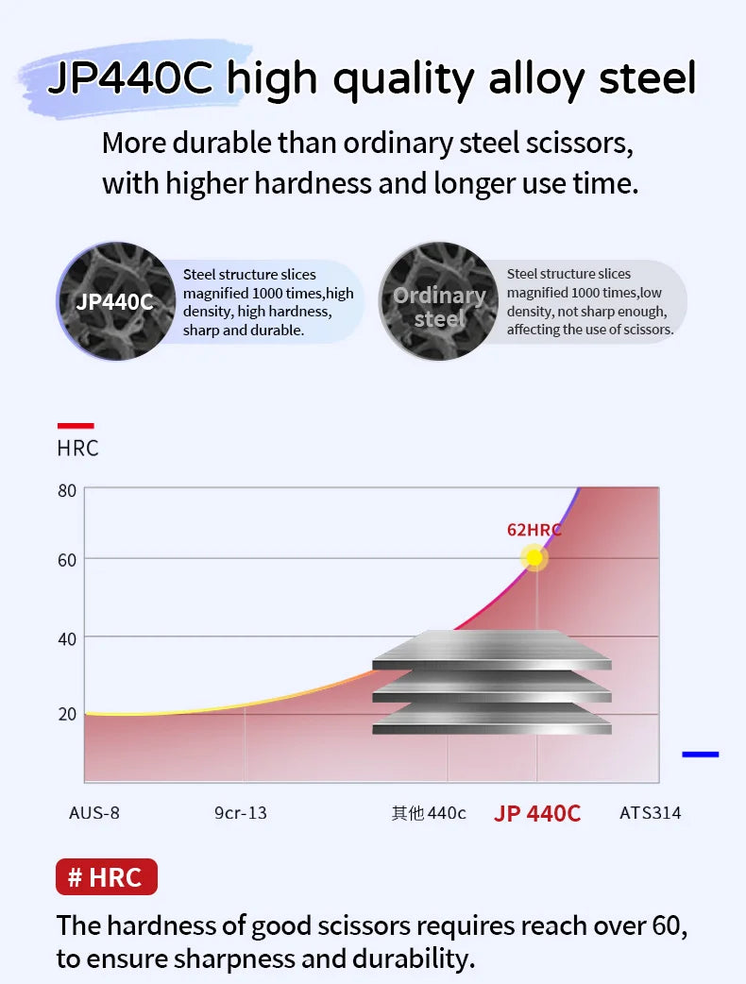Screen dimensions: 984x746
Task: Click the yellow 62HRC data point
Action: pyautogui.click(x=534, y=558)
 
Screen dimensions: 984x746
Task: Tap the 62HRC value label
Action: pyautogui.click(x=534, y=530)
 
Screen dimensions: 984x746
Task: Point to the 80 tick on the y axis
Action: pyautogui.click(x=67, y=491)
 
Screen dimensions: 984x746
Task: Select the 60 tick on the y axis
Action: pyautogui.click(x=67, y=560)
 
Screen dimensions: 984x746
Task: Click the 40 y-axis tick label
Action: pyautogui.click(x=67, y=639)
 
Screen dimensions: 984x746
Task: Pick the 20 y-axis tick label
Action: pyautogui.click(x=67, y=714)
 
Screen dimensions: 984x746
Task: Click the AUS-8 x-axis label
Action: pyautogui.click(x=94, y=813)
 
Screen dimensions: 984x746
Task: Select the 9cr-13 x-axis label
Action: pyautogui.click(x=241, y=813)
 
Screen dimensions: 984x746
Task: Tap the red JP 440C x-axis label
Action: pyautogui.click(x=537, y=813)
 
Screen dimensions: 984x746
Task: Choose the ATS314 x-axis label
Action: pyautogui.click(x=650, y=813)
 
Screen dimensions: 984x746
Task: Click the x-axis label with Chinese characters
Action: pyautogui.click(x=429, y=813)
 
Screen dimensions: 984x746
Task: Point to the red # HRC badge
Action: pyautogui.click(x=107, y=877)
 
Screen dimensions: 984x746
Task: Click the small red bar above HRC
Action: pyautogui.click(x=76, y=426)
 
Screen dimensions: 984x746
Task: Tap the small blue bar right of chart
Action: pyautogui.click(x=700, y=755)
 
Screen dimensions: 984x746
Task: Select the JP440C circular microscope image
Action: pyautogui.click(x=114, y=301)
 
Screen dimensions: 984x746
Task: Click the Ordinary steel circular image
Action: pyautogui.click(x=438, y=302)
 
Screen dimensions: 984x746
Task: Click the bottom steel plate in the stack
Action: pyautogui.click(x=491, y=723)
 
